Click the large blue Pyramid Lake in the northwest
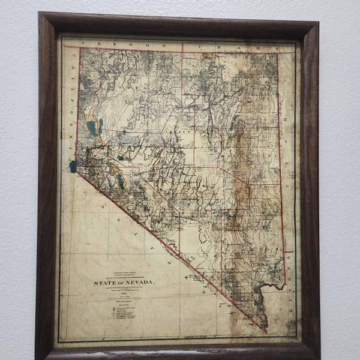click(91, 127)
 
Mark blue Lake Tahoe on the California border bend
click(73, 166)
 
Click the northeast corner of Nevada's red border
click(277, 53)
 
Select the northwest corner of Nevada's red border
click(80, 48)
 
